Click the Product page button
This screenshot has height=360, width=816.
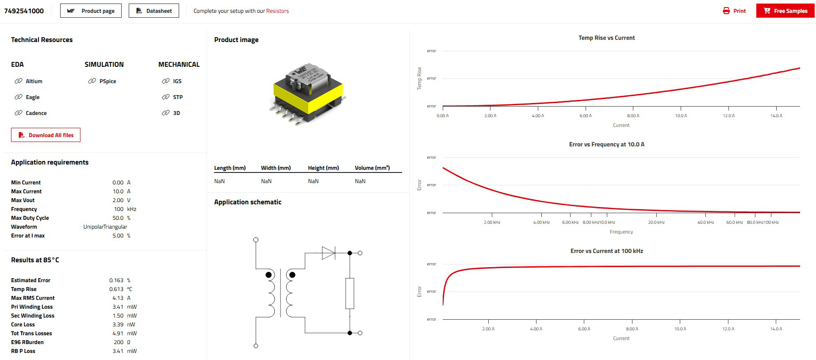tap(91, 11)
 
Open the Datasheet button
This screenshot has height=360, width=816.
tap(154, 11)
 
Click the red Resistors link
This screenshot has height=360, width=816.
tap(277, 11)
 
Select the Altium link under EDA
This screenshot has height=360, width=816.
tap(34, 81)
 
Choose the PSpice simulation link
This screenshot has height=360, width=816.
tap(107, 81)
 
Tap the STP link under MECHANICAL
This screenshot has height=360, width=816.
tap(177, 97)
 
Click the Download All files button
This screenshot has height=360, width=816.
tap(46, 135)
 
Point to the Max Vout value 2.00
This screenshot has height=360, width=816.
tap(118, 200)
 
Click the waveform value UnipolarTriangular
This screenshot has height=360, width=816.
tap(105, 227)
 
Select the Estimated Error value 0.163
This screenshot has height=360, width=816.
tap(116, 280)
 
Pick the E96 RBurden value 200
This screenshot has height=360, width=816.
tap(119, 342)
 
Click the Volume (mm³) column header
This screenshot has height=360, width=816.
tap(372, 168)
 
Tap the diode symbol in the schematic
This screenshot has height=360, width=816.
tap(328, 253)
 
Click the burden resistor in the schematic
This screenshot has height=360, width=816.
tap(349, 293)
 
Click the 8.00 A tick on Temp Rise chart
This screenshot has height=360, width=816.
tap(633, 116)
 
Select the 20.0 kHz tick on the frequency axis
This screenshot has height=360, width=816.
tap(656, 222)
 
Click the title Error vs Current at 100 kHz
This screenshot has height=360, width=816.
tap(606, 251)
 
